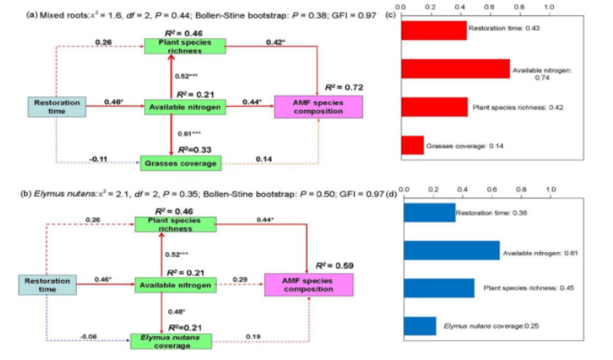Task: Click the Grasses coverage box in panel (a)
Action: [x=179, y=162]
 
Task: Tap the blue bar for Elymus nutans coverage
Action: [x=420, y=326]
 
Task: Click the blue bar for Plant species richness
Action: [x=439, y=288]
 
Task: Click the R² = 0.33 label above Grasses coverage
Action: [x=195, y=149]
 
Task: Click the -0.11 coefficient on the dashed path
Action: [x=98, y=158]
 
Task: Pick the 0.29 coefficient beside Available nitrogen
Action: [x=241, y=278]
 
